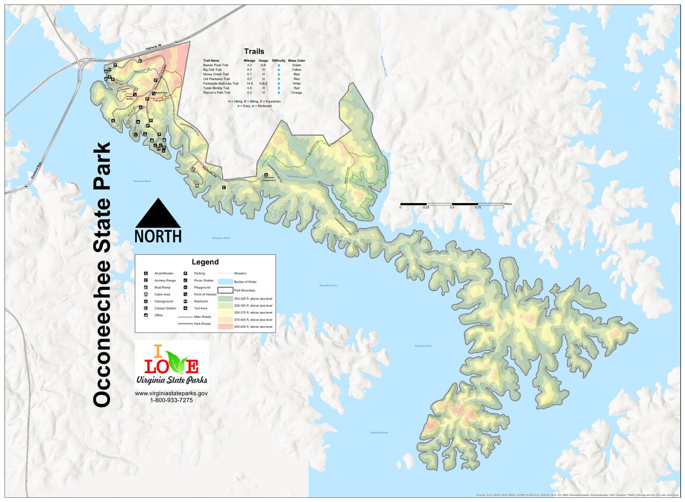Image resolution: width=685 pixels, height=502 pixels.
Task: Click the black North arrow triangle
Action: [158, 214]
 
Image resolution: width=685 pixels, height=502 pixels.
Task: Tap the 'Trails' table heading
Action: [254, 52]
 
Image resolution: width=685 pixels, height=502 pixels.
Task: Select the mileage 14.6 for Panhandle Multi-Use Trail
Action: [250, 84]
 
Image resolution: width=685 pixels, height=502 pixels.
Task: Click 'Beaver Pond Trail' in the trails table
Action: [215, 65]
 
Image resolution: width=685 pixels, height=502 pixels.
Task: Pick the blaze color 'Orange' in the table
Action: [296, 93]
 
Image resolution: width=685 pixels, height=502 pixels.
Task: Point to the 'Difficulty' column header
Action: [278, 61]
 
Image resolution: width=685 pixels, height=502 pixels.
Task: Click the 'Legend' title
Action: [205, 262]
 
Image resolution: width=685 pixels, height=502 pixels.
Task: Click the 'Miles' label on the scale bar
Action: [508, 204]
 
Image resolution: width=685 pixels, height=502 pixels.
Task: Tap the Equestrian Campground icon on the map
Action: [266, 175]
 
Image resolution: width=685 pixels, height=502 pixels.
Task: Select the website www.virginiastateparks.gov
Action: [171, 393]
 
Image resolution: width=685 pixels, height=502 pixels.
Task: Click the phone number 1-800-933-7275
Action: [171, 400]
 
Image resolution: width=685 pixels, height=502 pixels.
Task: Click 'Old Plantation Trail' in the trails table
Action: [216, 79]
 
